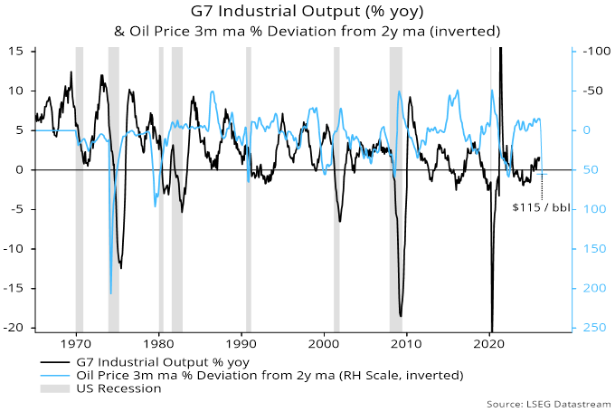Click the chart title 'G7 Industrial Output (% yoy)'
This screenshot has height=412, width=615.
click(307, 13)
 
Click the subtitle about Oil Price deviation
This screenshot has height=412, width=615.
click(307, 32)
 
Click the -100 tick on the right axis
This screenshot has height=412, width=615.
click(591, 51)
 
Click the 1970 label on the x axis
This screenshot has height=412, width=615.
click(76, 345)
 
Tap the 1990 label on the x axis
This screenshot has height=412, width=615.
click(241, 345)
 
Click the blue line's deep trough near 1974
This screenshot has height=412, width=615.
click(111, 292)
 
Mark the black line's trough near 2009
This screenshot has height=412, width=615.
click(400, 315)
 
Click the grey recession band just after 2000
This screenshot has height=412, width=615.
click(336, 181)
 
